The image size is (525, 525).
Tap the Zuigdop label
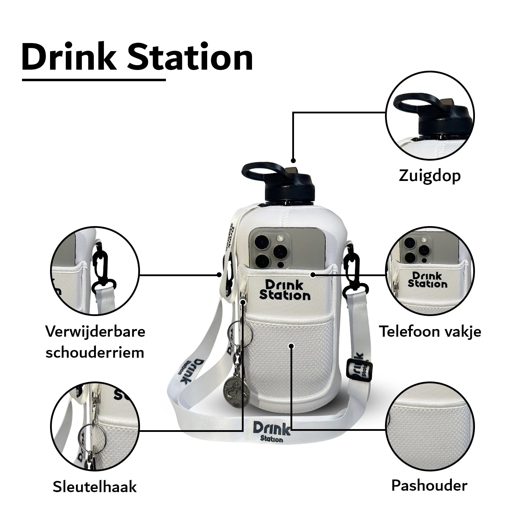(x=429, y=176)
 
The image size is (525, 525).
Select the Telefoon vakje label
(x=430, y=331)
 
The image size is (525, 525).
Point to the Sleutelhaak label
(x=94, y=486)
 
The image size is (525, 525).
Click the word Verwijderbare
(x=95, y=331)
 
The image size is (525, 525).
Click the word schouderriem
(x=95, y=352)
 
